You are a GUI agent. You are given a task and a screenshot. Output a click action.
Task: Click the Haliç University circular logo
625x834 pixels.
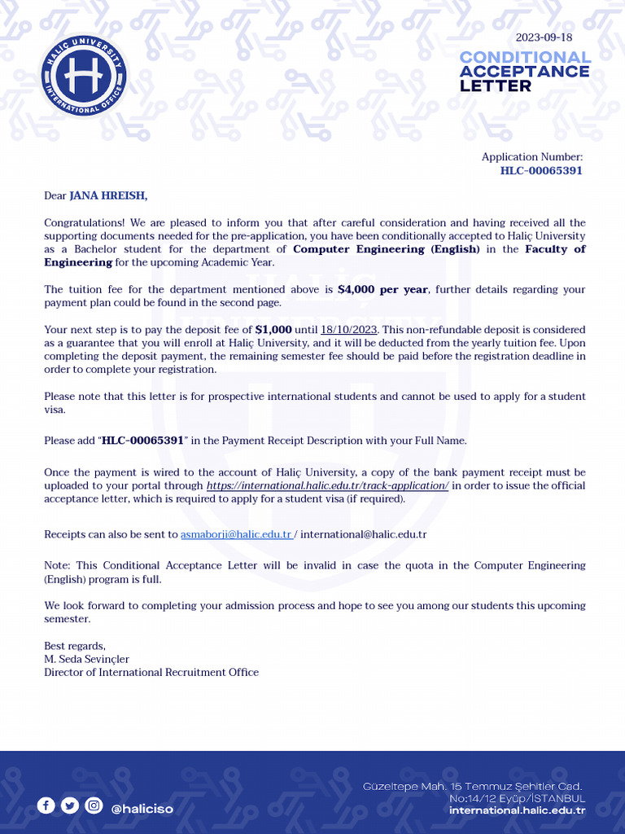click(x=84, y=76)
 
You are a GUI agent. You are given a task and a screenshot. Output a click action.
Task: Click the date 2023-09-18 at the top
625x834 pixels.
click(x=544, y=37)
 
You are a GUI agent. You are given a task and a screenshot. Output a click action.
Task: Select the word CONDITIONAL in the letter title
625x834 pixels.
click(x=525, y=57)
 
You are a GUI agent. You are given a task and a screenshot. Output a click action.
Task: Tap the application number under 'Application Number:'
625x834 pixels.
click(x=541, y=171)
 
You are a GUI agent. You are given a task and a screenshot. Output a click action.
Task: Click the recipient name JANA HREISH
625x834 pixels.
click(x=108, y=195)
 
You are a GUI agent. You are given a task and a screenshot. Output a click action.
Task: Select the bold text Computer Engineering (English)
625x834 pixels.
click(x=387, y=249)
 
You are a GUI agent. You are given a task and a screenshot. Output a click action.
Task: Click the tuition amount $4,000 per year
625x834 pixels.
click(x=382, y=290)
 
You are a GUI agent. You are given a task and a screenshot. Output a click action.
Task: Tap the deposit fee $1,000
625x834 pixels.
click(x=273, y=330)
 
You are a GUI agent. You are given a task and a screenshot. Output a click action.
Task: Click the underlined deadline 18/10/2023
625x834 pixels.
click(x=350, y=330)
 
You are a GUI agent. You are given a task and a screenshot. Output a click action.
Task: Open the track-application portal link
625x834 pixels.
click(x=327, y=486)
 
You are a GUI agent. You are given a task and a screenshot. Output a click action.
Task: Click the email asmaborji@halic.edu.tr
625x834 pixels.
click(x=236, y=535)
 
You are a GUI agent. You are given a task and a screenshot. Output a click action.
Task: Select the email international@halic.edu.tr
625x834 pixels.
click(x=364, y=535)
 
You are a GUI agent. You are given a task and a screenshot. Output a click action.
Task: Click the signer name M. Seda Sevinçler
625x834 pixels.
click(x=86, y=659)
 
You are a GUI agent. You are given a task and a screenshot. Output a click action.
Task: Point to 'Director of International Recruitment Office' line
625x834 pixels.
click(x=151, y=673)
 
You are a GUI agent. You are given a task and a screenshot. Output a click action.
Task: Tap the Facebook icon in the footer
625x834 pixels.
click(x=46, y=805)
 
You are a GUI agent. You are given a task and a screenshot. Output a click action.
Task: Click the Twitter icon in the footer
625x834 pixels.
click(x=70, y=805)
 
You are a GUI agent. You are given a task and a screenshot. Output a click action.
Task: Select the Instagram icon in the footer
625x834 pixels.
click(x=94, y=805)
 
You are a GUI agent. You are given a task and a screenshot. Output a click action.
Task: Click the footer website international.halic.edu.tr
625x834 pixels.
click(x=517, y=810)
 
